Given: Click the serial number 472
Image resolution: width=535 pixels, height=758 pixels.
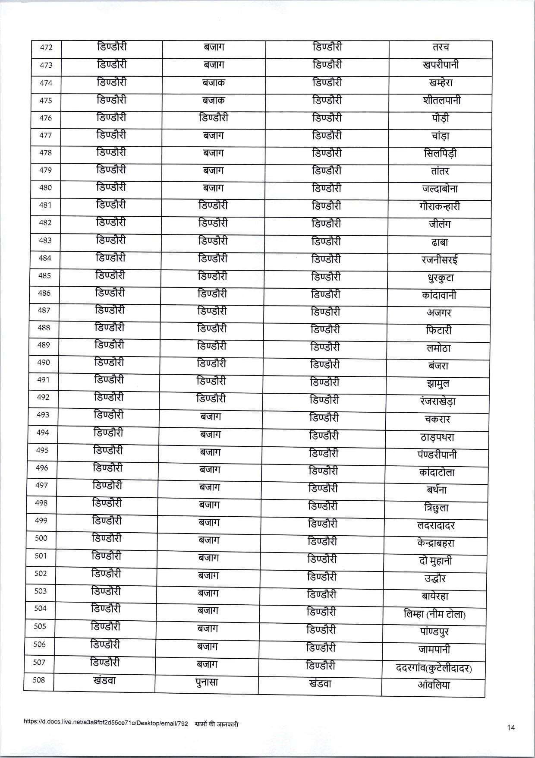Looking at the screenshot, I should point(46,47).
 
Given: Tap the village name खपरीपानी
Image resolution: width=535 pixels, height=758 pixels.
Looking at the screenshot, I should point(441,65).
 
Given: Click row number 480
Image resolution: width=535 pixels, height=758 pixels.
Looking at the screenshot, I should point(45,188).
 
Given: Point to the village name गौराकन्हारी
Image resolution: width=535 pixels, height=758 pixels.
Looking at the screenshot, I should point(439,206).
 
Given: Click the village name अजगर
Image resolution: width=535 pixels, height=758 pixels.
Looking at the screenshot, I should point(439,313).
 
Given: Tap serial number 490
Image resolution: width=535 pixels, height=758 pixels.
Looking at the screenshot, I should point(44,363).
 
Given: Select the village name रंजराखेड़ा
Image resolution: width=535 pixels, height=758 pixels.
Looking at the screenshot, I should point(437,401).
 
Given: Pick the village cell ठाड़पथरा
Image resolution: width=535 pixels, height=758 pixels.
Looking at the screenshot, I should point(437,437).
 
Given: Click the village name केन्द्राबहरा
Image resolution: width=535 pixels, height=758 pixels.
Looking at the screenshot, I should point(436,543).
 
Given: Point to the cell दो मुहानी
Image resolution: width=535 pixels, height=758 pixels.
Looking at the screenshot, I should point(435,561).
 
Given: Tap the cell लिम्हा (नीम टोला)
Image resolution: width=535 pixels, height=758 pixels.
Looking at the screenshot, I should point(434,614).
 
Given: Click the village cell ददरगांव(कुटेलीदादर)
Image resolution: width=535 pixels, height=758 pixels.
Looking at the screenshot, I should point(434,668).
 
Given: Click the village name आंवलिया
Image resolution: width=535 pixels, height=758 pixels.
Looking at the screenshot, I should point(434,685).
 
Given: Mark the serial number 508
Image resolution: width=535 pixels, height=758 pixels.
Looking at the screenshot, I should point(39,680).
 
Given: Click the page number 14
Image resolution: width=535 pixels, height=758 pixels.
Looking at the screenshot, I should point(511,728).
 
